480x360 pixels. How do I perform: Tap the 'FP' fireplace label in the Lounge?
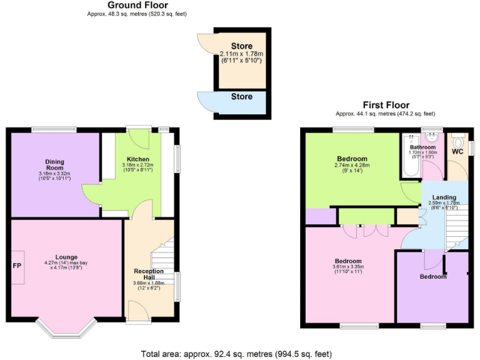click(x=17, y=265)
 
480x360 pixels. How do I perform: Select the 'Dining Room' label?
click(x=54, y=164)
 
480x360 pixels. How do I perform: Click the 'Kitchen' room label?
click(x=137, y=159)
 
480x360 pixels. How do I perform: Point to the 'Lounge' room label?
click(x=66, y=256)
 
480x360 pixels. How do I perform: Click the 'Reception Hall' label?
click(x=149, y=274)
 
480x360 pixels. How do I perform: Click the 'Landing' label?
click(x=444, y=197)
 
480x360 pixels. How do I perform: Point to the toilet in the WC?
click(x=458, y=141)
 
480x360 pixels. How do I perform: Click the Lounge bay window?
click(x=66, y=328)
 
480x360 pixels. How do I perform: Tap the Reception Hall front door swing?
click(x=136, y=309)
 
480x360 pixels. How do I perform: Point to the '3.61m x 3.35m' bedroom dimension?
click(x=347, y=267)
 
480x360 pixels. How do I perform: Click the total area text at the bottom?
click(x=236, y=354)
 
